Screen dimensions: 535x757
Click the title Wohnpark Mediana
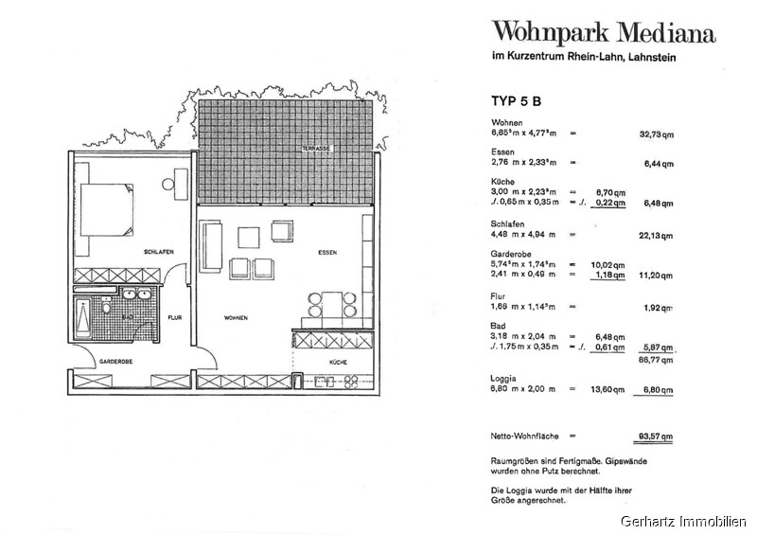603,35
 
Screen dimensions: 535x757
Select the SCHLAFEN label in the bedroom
156,253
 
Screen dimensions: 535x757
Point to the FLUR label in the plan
175,318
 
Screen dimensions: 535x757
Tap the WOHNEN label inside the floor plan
236,318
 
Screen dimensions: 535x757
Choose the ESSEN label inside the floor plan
327,253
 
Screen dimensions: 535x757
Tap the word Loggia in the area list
504,377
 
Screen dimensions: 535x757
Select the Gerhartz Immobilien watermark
683,522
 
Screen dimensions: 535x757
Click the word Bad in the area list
498,325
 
